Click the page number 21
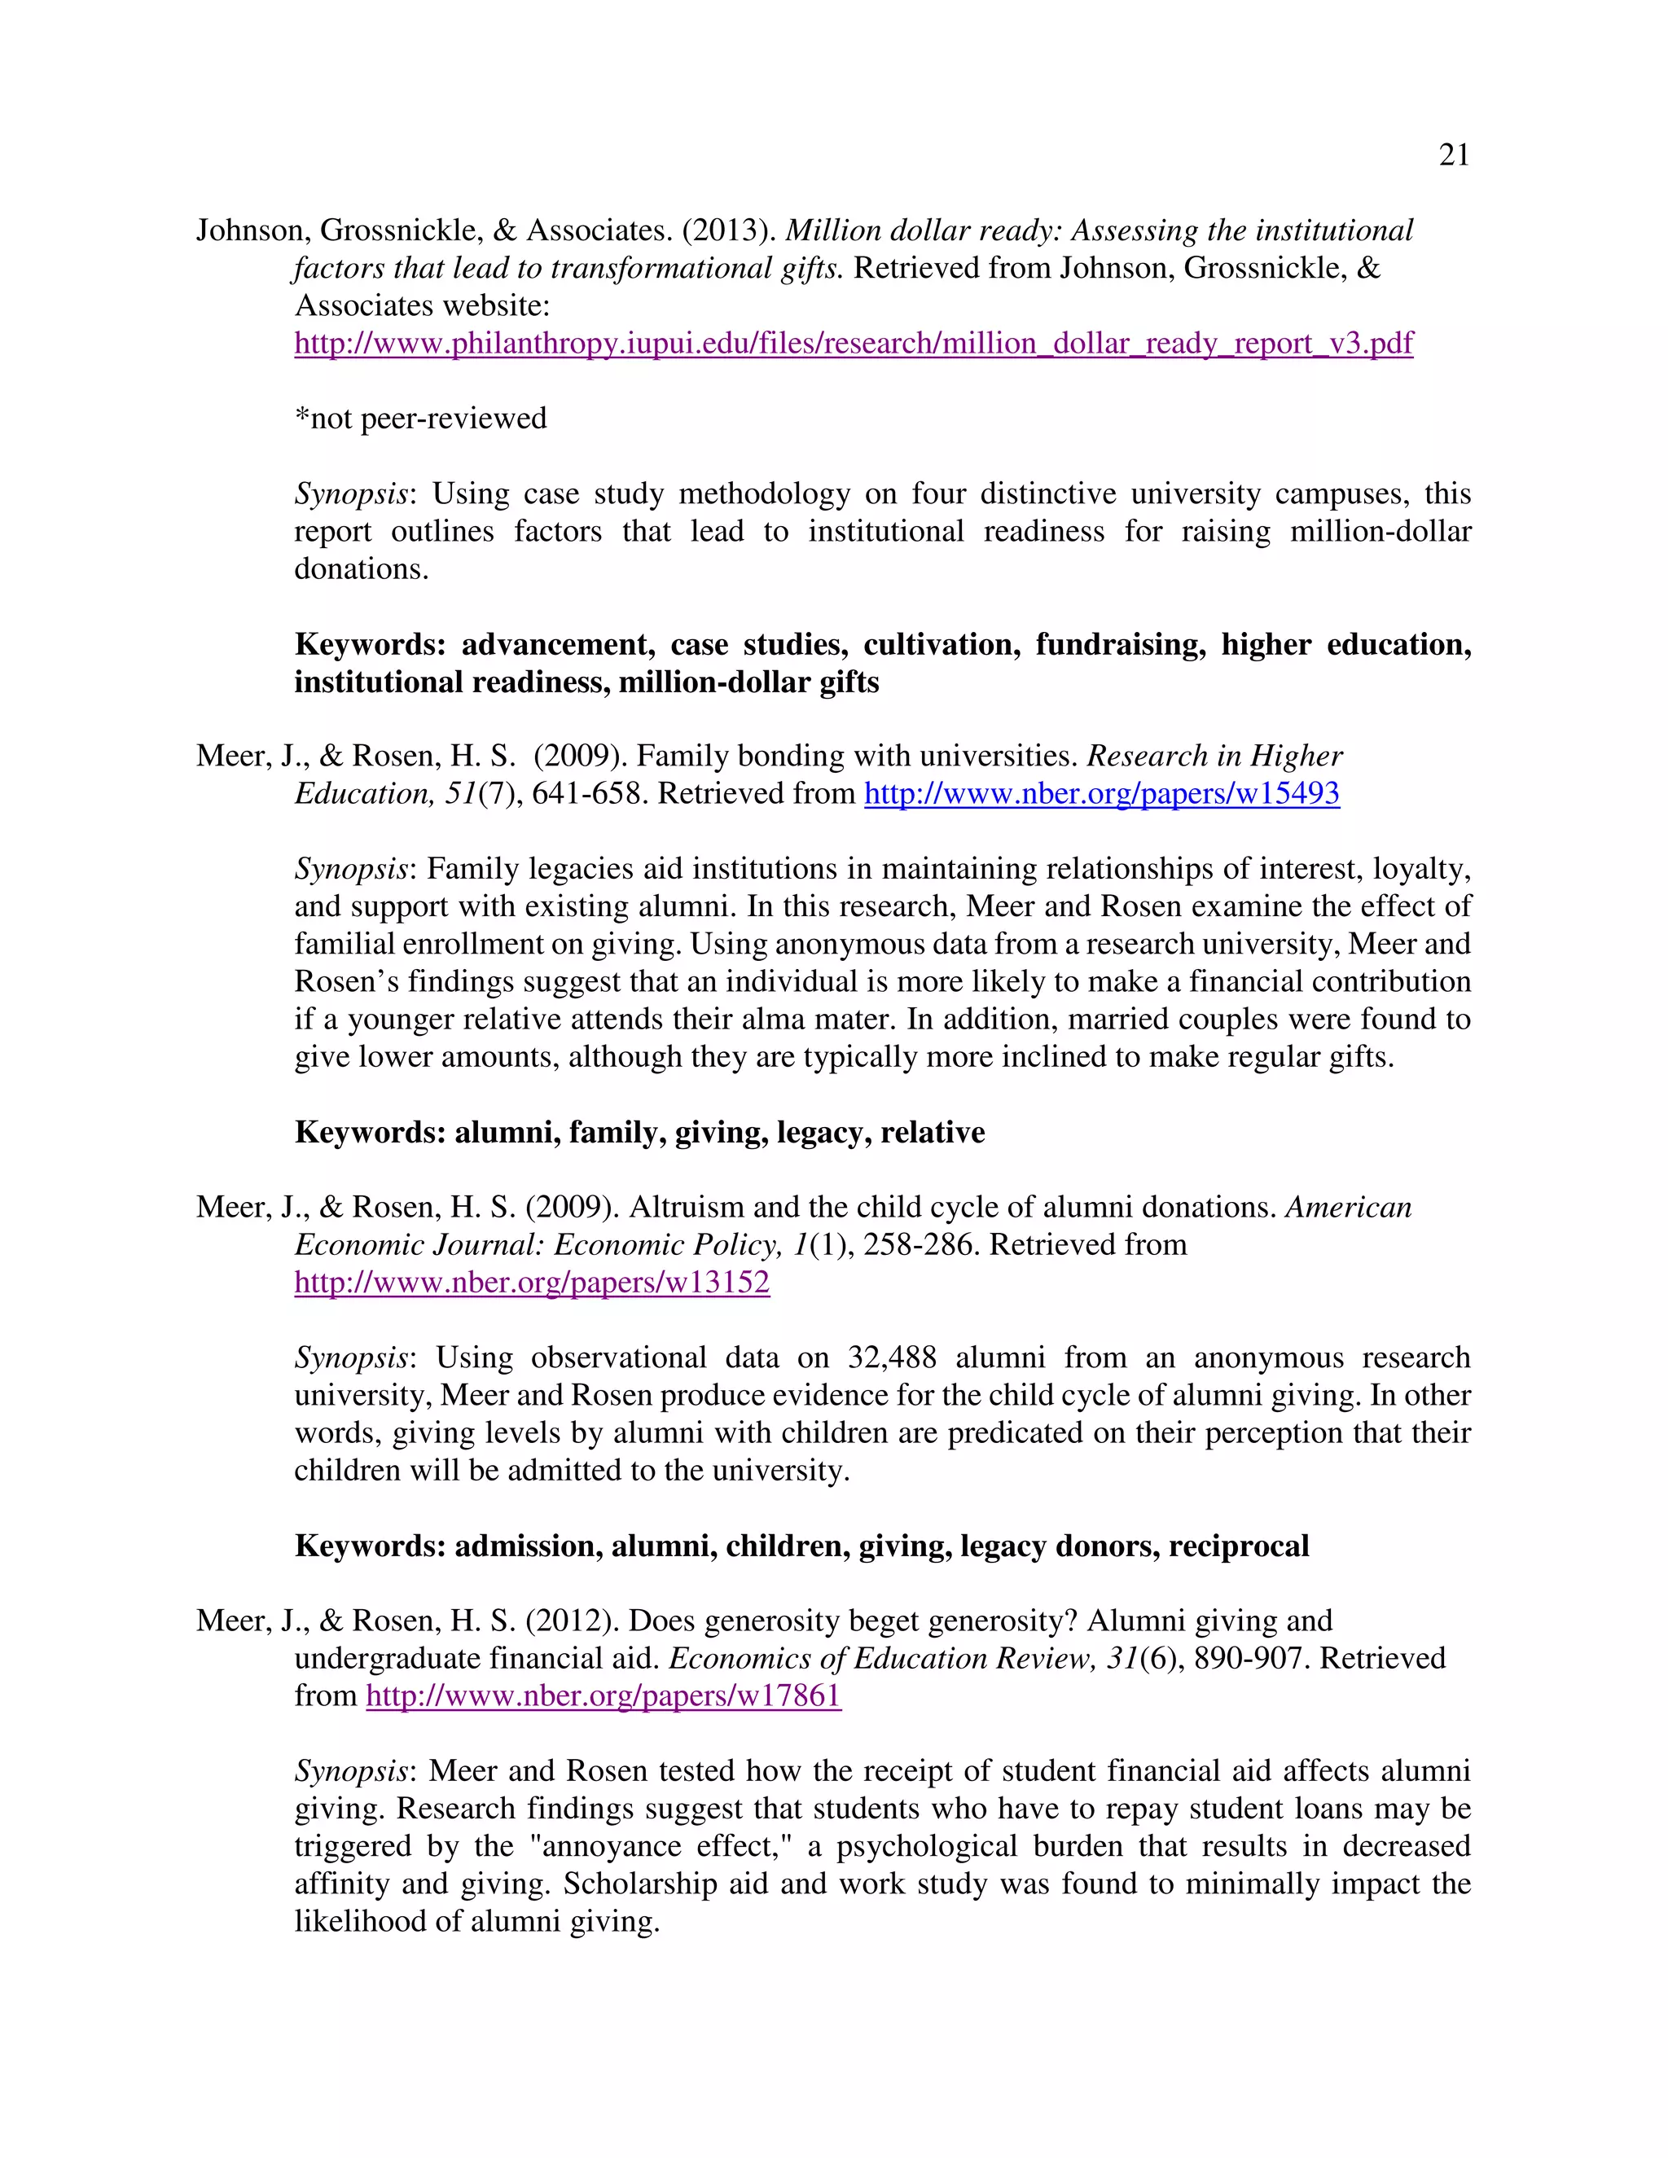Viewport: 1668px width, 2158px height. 1454,155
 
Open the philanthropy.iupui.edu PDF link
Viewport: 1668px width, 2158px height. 854,343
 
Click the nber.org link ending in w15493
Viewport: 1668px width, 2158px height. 1102,793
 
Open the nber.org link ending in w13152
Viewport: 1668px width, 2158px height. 532,1283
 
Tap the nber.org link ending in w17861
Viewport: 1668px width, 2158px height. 603,1695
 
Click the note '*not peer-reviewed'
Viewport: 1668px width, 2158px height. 420,418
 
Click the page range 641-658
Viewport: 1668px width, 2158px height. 590,793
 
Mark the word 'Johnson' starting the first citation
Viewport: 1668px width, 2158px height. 254,230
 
